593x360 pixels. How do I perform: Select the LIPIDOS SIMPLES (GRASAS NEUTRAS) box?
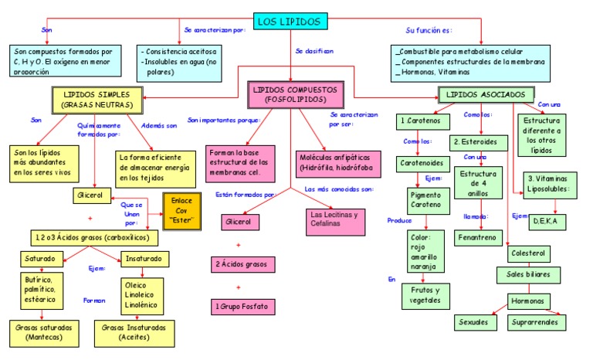[97, 99]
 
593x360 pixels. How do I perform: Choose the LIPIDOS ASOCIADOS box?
[486, 94]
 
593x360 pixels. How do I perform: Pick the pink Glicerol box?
[239, 222]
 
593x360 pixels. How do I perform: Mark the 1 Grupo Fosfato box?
[242, 307]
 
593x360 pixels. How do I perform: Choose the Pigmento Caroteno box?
[425, 201]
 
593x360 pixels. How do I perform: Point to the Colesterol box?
[527, 253]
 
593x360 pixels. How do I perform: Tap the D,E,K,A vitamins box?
[551, 221]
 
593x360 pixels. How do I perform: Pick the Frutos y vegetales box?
[425, 295]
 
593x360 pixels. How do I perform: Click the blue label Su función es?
[429, 30]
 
